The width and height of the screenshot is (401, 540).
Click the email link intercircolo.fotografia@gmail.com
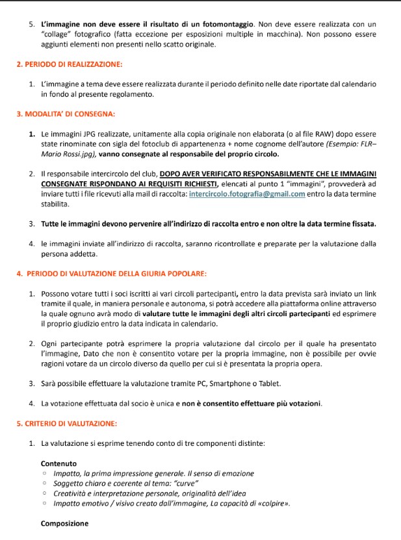click(x=242, y=194)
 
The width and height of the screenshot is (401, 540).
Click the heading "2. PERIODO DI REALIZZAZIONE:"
click(x=70, y=64)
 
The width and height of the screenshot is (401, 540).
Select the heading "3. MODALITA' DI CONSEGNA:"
click(x=66, y=114)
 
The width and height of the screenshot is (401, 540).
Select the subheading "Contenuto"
click(x=58, y=463)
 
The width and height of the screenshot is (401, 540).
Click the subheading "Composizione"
click(x=64, y=523)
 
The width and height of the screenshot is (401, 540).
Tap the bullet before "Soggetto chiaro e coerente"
click(x=45, y=484)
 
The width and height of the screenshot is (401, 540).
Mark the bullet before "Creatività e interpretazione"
click(x=45, y=494)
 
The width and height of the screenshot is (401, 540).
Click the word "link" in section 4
click(x=370, y=293)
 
